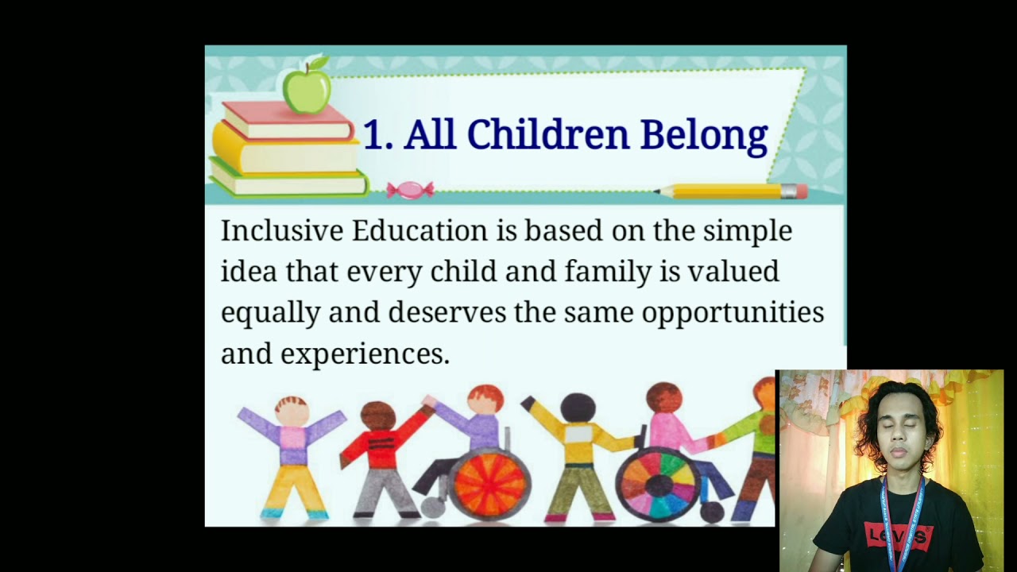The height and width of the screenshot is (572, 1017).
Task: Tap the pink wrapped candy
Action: point(410,190)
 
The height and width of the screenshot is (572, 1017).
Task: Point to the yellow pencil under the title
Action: point(731,191)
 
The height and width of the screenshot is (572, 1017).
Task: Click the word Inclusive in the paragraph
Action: point(282,231)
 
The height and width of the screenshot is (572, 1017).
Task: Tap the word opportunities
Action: point(733,312)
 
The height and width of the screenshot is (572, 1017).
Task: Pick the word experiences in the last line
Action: point(365,354)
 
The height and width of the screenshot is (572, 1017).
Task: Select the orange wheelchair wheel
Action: point(489,482)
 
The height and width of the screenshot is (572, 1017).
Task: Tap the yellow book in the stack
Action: point(286,153)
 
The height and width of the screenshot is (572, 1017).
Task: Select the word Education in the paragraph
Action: point(420,231)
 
